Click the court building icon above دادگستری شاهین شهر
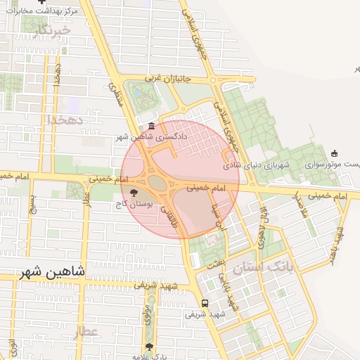click(153, 127)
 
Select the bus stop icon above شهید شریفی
click(204, 303)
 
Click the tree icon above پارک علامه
click(148, 346)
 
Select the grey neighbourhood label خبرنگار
click(53, 30)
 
